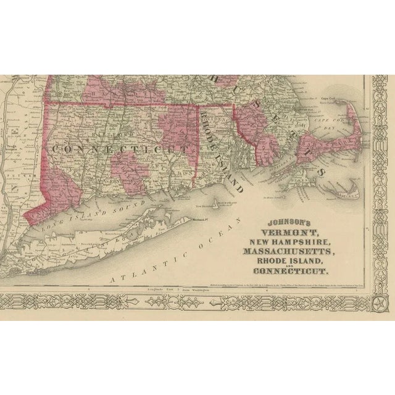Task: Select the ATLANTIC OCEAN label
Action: pyautogui.click(x=173, y=254)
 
